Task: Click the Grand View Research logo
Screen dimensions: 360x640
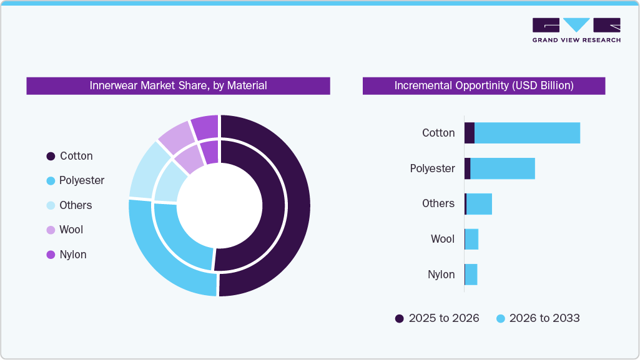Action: (576, 30)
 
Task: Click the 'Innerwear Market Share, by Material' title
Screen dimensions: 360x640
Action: (178, 85)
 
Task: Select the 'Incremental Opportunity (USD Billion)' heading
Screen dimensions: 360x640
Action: (483, 85)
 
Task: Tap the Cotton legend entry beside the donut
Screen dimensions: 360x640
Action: (70, 156)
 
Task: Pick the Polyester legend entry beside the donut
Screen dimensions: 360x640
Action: (76, 180)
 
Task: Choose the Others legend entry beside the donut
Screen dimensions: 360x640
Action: (69, 205)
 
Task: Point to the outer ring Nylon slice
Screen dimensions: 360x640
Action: (205, 127)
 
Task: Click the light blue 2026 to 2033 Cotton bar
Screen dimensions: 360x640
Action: (527, 133)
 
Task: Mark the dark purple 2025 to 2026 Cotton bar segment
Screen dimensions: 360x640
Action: (469, 133)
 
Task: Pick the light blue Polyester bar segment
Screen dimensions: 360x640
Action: (502, 168)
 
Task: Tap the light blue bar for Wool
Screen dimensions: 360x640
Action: (472, 239)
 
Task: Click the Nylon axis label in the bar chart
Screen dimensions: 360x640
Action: (441, 275)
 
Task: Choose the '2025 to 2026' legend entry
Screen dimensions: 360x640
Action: (437, 318)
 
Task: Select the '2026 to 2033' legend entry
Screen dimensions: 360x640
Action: (538, 318)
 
